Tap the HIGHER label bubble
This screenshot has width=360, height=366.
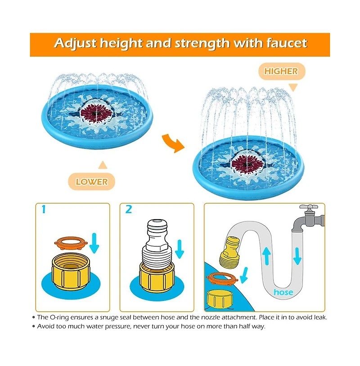coord(282,71)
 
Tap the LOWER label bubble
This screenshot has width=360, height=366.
coord(92,182)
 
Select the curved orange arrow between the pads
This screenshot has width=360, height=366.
coord(173,143)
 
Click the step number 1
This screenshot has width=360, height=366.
coord(44,210)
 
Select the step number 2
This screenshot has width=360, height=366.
coord(129,210)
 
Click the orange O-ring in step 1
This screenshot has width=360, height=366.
coord(71,243)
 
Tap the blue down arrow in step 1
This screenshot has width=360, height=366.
coord(94,243)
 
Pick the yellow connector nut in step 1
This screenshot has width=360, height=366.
coord(71,272)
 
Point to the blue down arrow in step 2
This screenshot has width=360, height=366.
coord(179,249)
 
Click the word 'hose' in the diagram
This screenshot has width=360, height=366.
coord(283,292)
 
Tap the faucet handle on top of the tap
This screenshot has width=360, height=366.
coord(309,207)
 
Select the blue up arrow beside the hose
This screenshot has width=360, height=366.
coord(266,256)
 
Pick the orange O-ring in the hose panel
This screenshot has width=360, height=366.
coord(222,279)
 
